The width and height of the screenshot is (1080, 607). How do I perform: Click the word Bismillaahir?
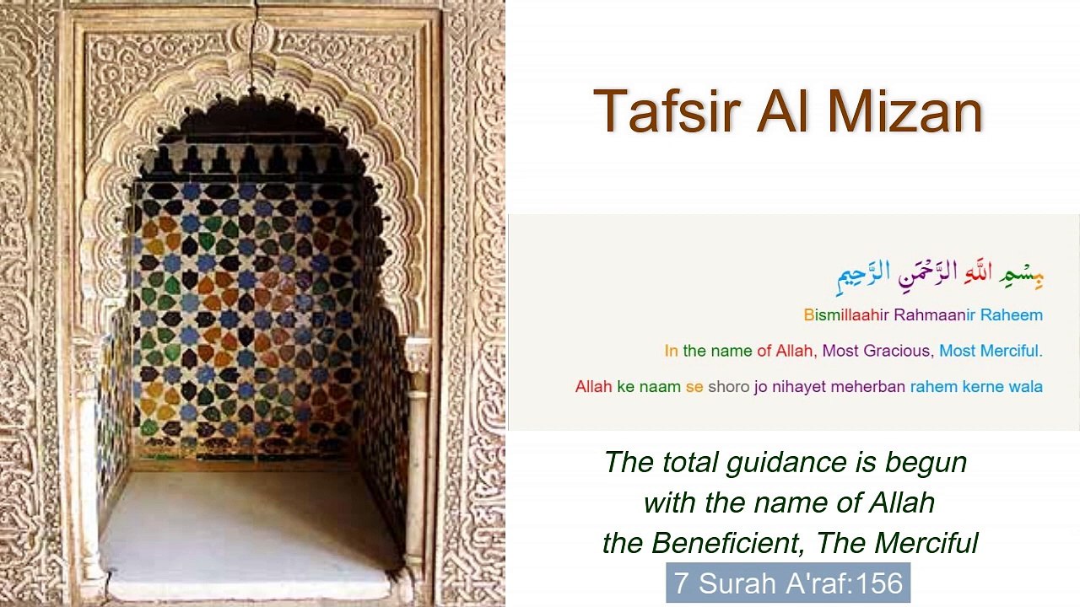tap(846, 315)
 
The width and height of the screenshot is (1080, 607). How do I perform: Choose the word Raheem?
tap(1012, 315)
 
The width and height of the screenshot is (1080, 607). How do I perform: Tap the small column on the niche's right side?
tap(417, 455)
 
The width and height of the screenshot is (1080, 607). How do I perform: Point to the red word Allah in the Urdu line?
tap(593, 387)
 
